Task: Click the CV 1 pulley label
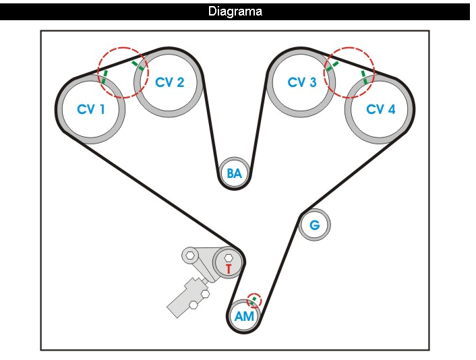tap(91, 109)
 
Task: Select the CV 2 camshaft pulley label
tap(169, 82)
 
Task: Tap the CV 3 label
tap(301, 82)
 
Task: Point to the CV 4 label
tap(380, 109)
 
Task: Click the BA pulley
tap(234, 173)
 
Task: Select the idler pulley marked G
tap(314, 224)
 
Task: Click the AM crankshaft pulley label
tap(244, 316)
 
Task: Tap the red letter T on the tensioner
tap(229, 268)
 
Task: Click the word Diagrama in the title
tap(235, 11)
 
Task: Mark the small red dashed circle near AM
tap(254, 299)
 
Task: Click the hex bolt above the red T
tap(228, 258)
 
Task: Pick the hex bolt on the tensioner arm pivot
tap(191, 256)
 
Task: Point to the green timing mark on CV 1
tap(105, 76)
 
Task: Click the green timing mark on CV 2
tap(138, 65)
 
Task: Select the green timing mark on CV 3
tap(332, 65)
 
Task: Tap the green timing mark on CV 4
tap(365, 76)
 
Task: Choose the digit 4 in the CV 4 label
tap(392, 109)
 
